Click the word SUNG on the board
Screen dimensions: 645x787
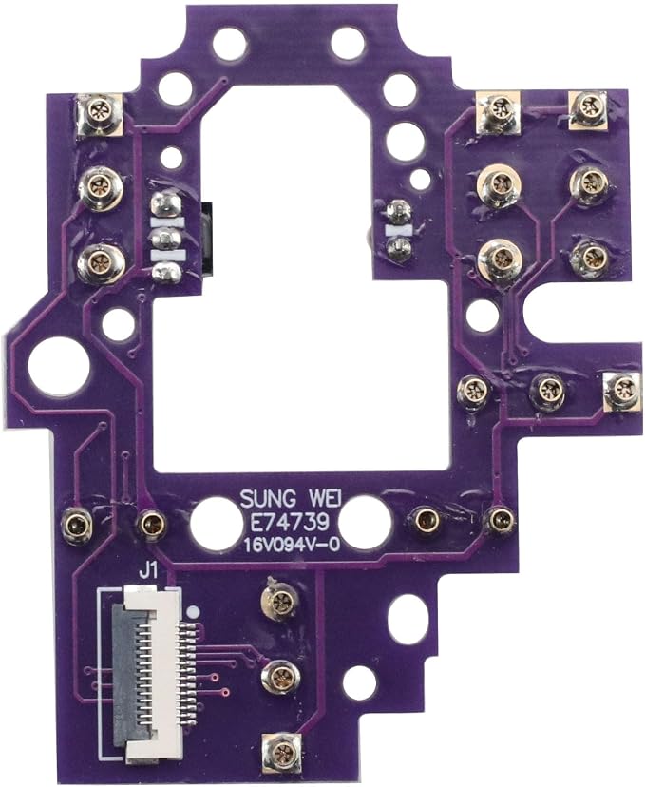[x=266, y=499]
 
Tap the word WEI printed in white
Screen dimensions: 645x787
[x=323, y=499]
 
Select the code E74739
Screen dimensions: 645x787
[x=290, y=523]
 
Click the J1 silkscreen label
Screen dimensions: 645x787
[x=149, y=571]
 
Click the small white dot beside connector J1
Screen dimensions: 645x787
[x=192, y=611]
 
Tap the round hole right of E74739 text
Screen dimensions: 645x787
[x=365, y=521]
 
